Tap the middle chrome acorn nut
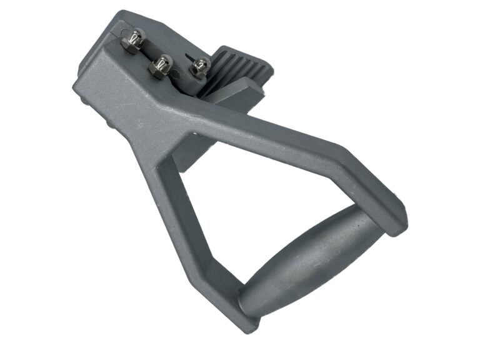click(162, 64)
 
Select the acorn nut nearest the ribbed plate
click(201, 66)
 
